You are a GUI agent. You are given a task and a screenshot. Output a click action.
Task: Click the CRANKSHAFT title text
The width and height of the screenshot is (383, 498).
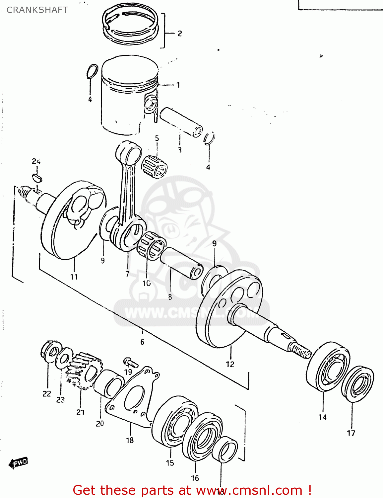[x=37, y=10]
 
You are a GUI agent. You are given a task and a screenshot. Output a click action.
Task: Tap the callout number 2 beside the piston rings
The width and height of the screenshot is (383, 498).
[x=179, y=33]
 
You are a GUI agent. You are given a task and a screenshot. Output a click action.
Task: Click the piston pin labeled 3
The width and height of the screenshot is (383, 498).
[x=181, y=122]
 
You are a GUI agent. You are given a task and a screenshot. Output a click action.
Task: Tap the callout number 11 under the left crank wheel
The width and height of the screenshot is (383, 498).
[x=74, y=277]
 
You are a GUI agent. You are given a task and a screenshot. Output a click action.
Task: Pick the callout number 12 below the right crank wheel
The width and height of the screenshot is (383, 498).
[x=230, y=364]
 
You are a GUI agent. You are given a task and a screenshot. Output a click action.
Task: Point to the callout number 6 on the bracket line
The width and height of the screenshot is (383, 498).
[x=142, y=342]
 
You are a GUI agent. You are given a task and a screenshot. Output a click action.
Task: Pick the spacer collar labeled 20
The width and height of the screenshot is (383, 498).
[x=108, y=383]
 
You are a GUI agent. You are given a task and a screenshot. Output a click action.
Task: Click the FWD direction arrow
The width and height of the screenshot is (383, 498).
[x=19, y=462]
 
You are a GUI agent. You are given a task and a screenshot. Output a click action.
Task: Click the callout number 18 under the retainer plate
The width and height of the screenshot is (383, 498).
[x=130, y=440]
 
